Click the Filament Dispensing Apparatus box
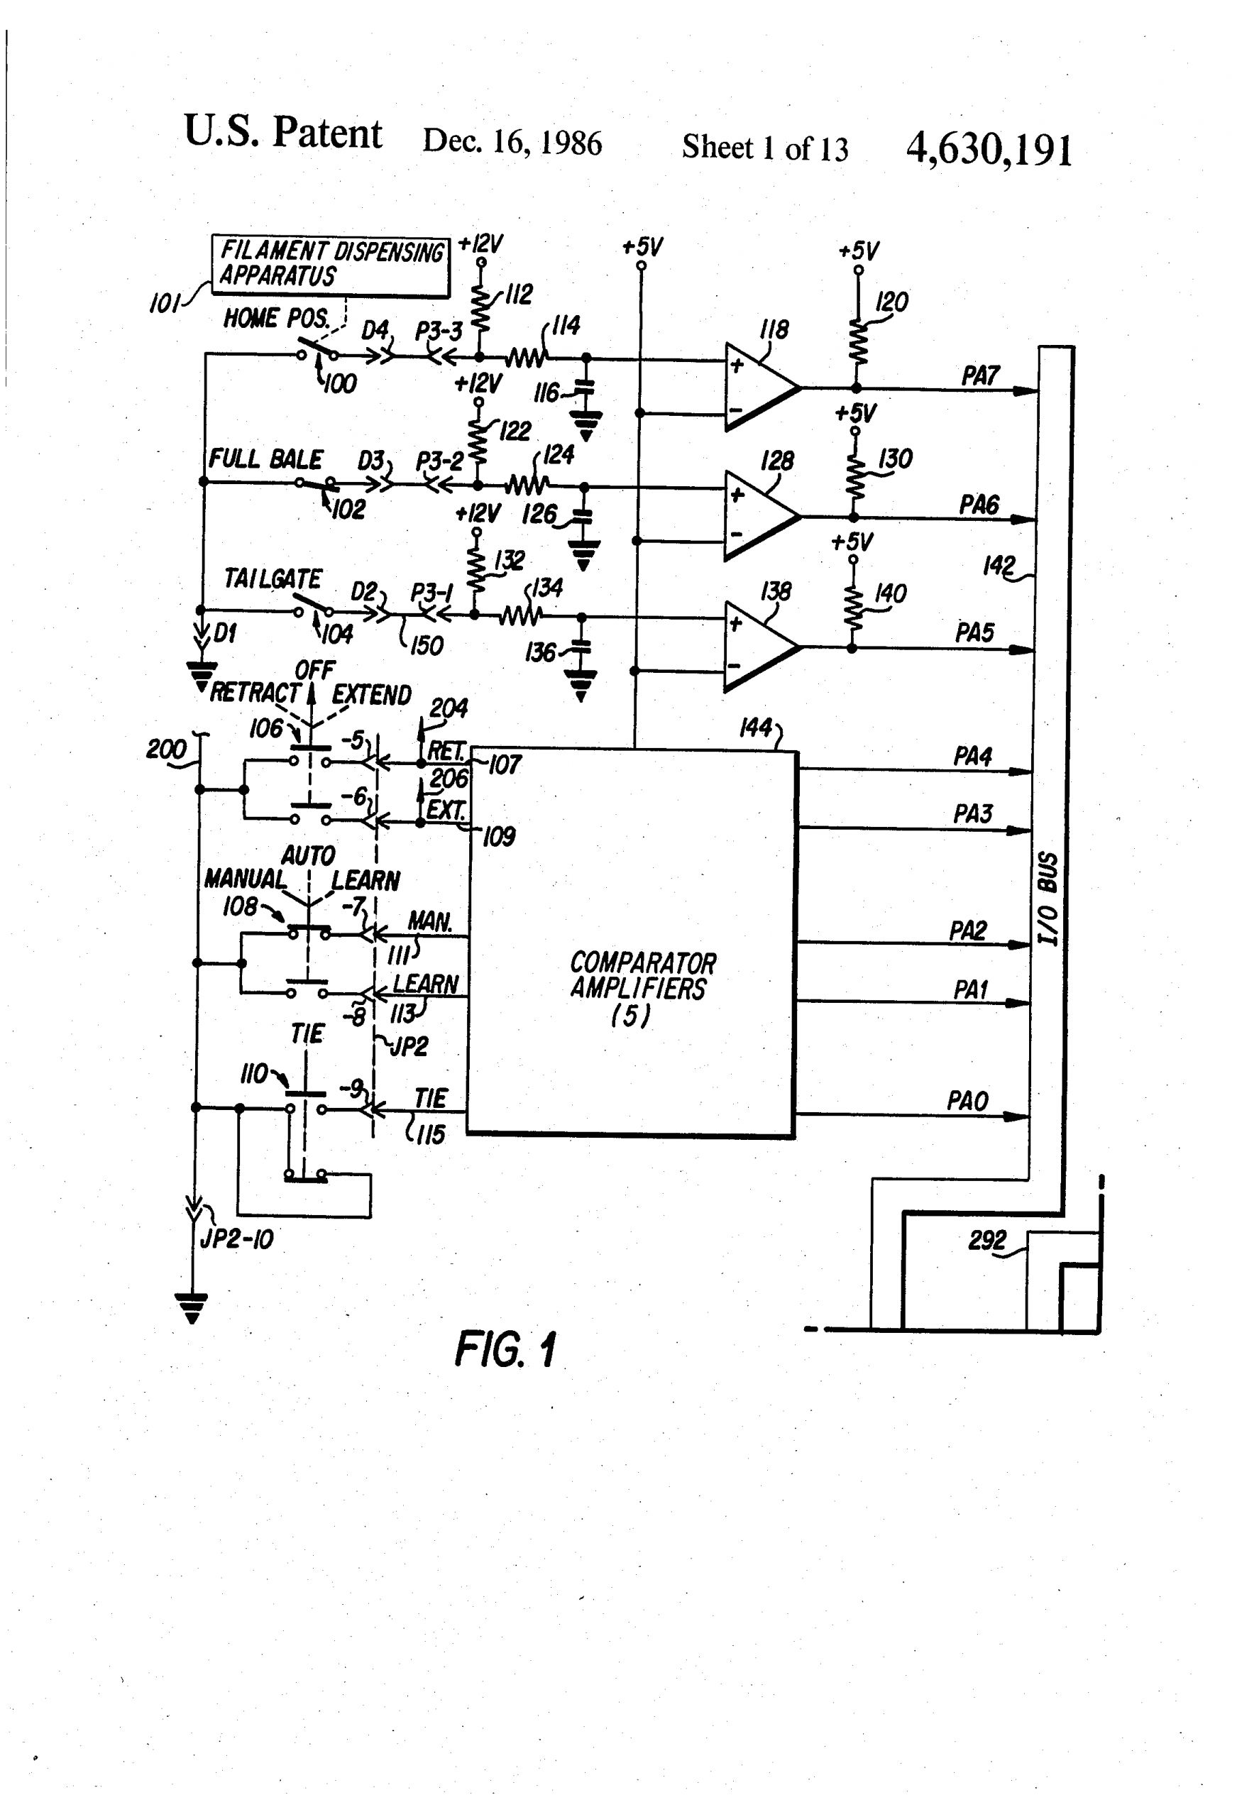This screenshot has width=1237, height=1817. [331, 266]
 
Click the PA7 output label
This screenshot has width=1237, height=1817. [980, 376]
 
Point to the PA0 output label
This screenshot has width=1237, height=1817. [967, 1101]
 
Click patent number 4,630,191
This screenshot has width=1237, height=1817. [989, 148]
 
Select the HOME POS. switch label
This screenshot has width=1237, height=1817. [275, 318]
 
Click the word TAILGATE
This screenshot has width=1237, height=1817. [272, 578]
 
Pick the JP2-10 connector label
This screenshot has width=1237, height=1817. [237, 1239]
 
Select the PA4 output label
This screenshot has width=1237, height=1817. [972, 756]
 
